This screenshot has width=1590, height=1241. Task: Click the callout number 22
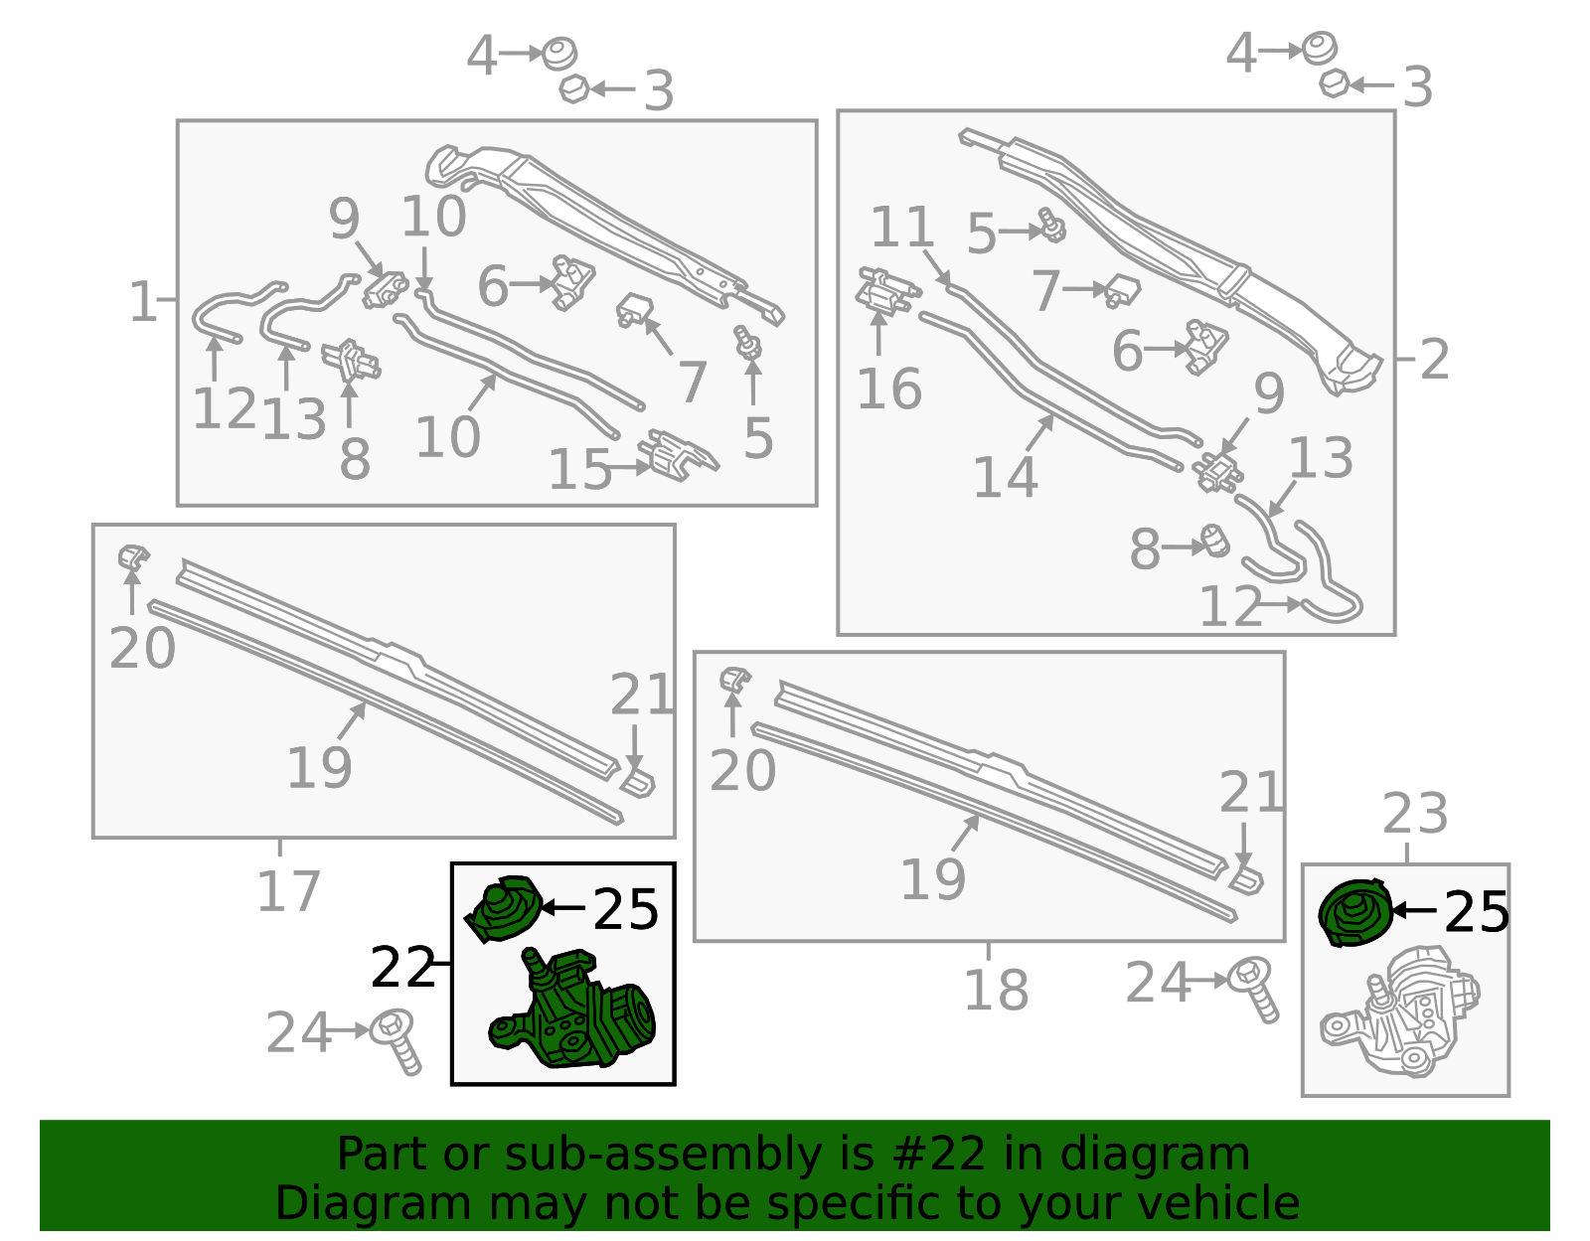tap(402, 966)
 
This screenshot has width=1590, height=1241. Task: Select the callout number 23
tap(1414, 813)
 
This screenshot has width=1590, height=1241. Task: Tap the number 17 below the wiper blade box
tap(289, 890)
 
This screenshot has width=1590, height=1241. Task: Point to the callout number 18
tap(996, 990)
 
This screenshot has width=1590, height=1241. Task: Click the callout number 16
tap(889, 389)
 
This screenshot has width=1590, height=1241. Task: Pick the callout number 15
tap(579, 469)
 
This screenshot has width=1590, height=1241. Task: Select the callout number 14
tap(1006, 478)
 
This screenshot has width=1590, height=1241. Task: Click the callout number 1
tap(143, 301)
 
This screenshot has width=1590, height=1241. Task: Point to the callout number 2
tap(1434, 359)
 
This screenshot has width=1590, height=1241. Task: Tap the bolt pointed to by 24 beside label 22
tap(397, 1041)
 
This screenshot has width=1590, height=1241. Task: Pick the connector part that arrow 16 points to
tap(886, 292)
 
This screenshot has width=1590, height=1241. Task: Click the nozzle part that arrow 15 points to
tap(677, 456)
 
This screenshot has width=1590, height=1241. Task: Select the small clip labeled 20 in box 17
tap(133, 558)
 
